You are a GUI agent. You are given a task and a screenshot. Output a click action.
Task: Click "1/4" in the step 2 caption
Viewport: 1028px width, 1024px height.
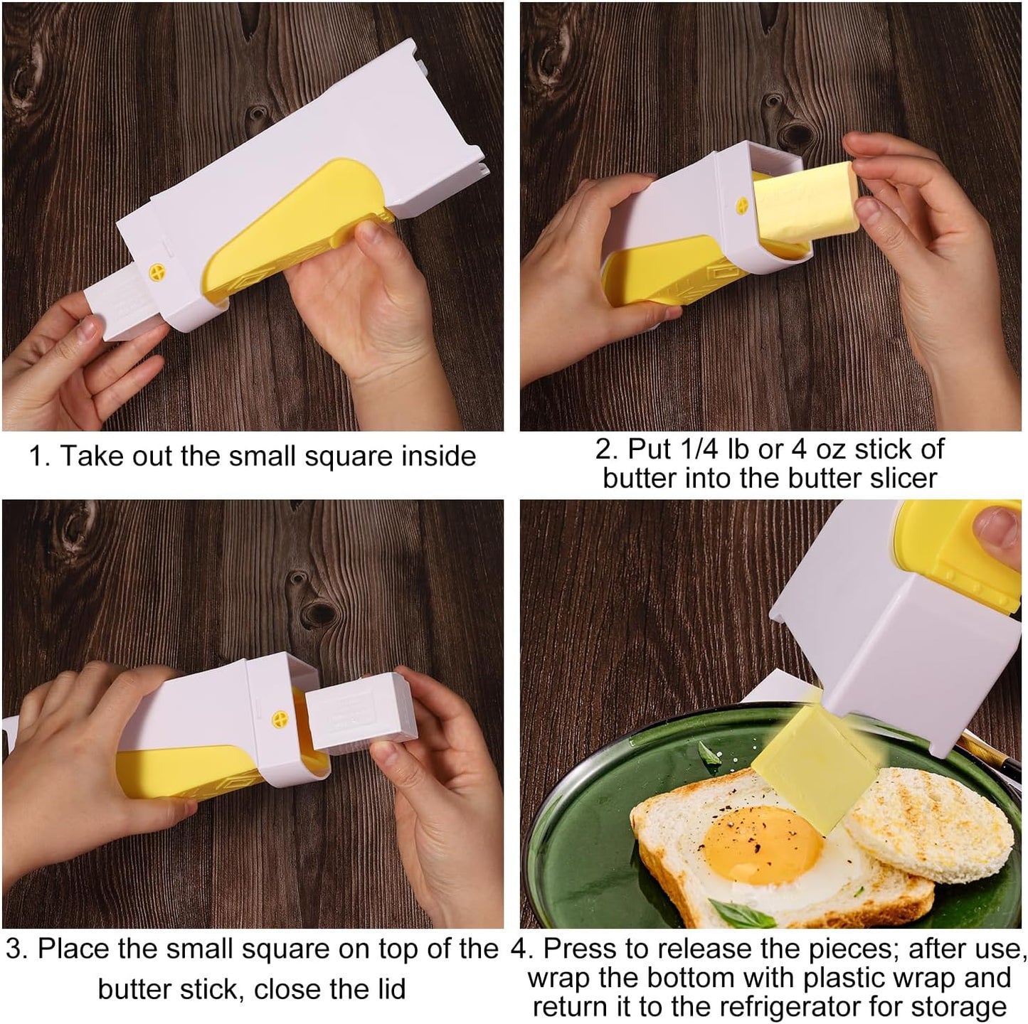coord(697,449)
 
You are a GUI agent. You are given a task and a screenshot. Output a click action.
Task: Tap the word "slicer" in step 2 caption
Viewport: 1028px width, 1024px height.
coord(903,478)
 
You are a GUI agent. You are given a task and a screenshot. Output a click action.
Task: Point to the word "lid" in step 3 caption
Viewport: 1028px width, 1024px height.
coord(388,989)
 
